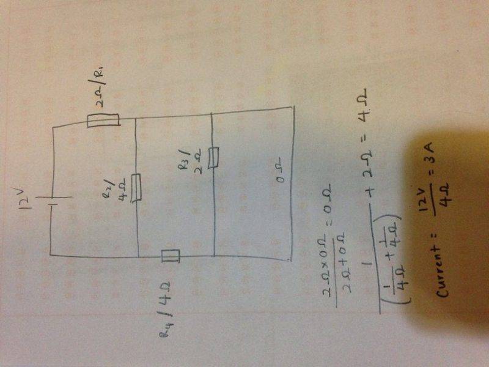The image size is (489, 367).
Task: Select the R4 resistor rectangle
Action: click(x=172, y=256)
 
